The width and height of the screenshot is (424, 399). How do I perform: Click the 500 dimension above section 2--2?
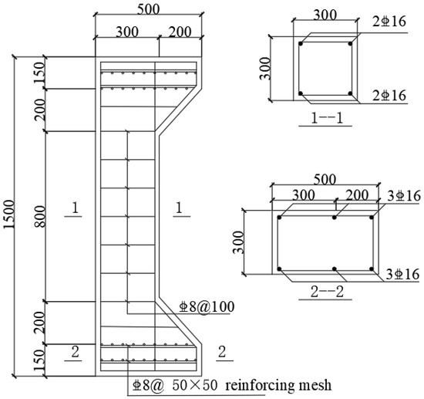pyautogui.click(x=325, y=178)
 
